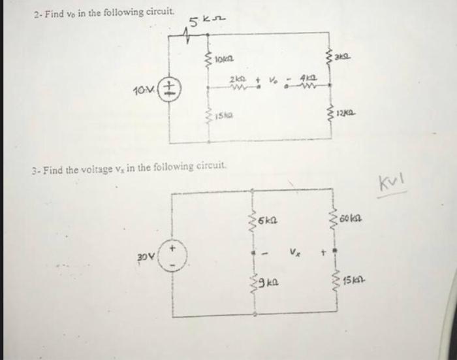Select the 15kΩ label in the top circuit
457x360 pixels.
point(225,117)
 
